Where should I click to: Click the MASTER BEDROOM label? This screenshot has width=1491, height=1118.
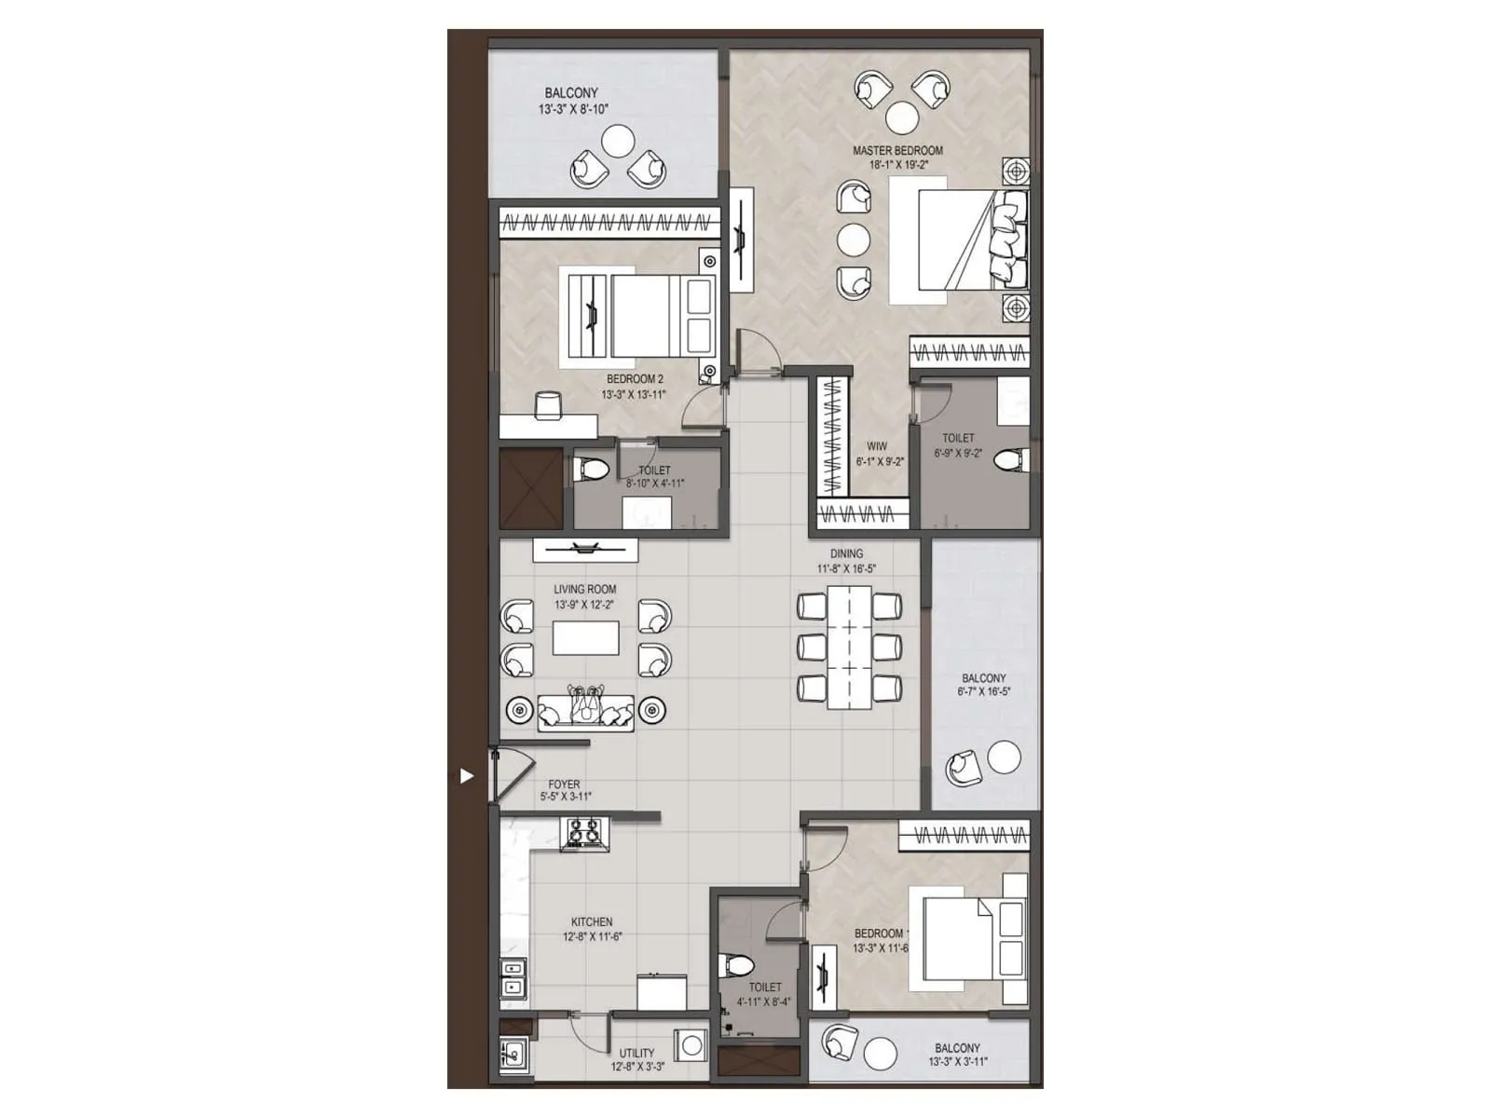(897, 150)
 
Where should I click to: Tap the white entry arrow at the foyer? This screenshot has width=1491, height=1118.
(467, 775)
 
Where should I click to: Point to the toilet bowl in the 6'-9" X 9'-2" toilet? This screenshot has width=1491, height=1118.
(1009, 459)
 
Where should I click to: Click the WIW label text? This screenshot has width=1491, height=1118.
(877, 446)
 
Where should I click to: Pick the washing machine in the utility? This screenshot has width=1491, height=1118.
(691, 1046)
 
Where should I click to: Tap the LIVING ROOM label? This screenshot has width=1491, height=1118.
(584, 590)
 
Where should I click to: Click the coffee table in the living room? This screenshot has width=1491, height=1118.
(585, 638)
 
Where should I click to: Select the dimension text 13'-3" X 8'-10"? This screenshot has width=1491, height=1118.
(572, 109)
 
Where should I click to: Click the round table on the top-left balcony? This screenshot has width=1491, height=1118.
(618, 142)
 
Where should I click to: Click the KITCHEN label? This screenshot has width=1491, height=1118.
(592, 922)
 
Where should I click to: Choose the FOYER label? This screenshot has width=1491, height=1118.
(564, 784)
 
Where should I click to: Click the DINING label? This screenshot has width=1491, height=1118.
(846, 553)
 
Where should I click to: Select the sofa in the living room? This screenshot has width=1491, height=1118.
(585, 711)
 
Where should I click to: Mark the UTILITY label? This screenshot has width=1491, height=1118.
(636, 1054)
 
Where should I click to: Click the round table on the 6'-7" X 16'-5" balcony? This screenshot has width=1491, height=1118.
(1004, 757)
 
